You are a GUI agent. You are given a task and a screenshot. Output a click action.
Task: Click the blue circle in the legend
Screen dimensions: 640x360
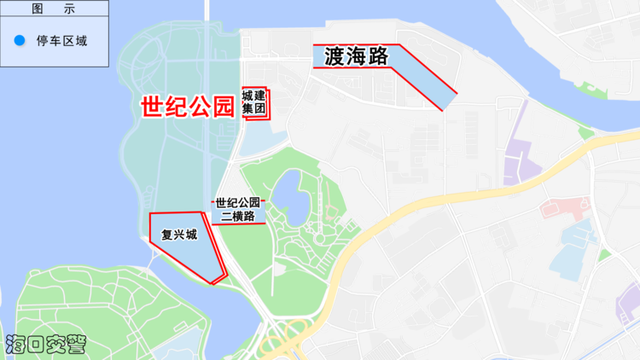pyautogui.click(x=20, y=40)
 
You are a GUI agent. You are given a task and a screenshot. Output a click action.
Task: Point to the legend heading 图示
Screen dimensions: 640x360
pyautogui.click(x=54, y=9)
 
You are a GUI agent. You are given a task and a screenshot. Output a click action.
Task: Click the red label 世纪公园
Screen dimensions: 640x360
pyautogui.click(x=187, y=107)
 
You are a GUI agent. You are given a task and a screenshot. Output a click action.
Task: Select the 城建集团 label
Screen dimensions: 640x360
pyautogui.click(x=254, y=102)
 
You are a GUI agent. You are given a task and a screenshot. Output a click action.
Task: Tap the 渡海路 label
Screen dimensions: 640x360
pyautogui.click(x=357, y=56)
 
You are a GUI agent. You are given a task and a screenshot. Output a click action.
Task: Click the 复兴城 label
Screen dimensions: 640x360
pyautogui.click(x=178, y=234)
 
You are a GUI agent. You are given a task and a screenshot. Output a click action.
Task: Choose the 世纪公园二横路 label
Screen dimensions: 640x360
pyautogui.click(x=238, y=209)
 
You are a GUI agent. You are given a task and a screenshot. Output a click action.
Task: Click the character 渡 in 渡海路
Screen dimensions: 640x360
pyautogui.click(x=336, y=56)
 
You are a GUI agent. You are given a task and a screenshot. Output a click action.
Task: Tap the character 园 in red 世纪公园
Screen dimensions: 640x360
pyautogui.click(x=222, y=107)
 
